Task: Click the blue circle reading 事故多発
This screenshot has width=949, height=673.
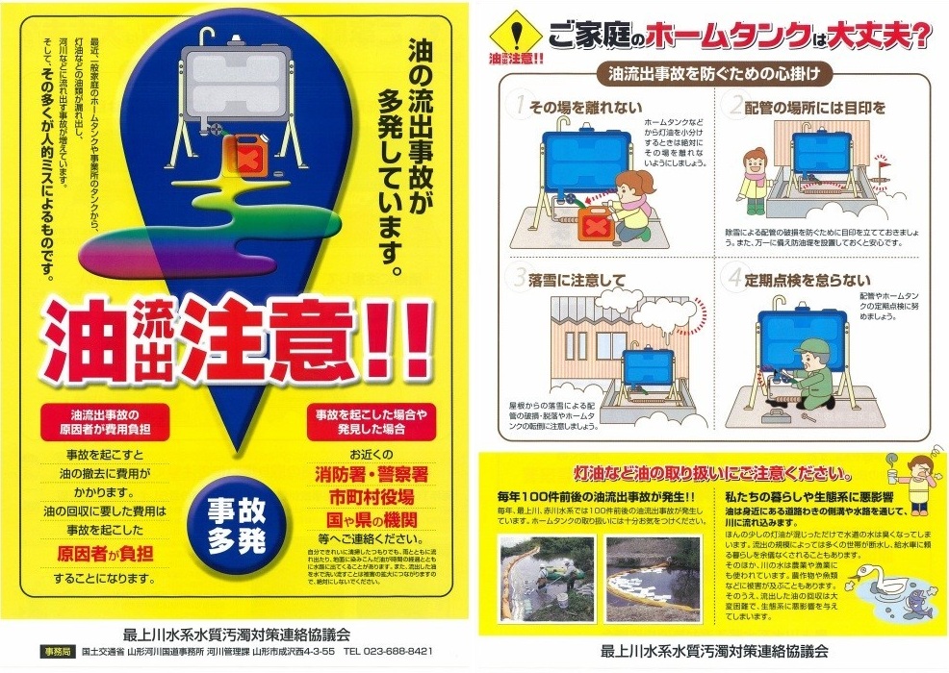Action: [x=236, y=526]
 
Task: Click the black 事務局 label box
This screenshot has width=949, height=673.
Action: [x=56, y=651]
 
